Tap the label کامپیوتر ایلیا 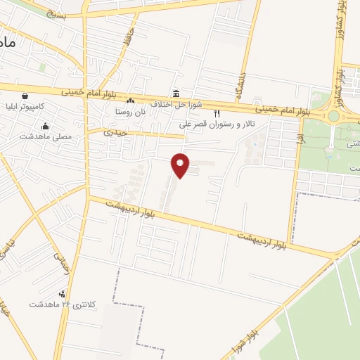point(41,106)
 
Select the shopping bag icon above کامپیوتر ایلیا point(25,96)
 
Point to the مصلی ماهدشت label point(41,136)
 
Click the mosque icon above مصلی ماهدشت point(46,127)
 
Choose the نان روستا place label point(131,112)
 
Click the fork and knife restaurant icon point(217,113)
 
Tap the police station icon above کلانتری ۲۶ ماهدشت point(63,294)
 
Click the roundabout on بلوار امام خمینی point(333,117)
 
